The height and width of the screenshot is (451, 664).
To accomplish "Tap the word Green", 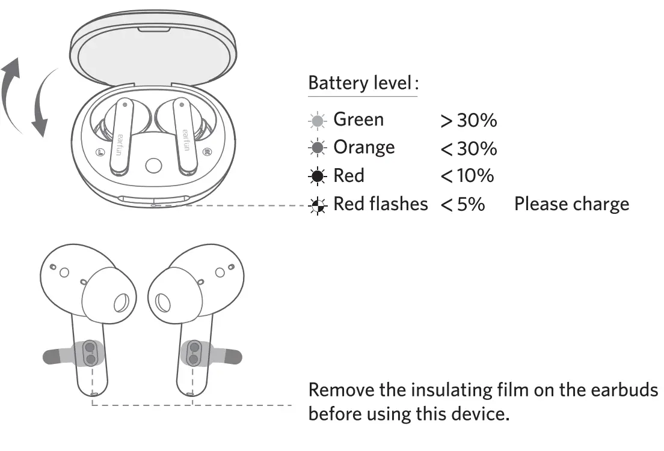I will coord(358,120).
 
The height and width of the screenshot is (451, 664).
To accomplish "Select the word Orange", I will coord(364,147).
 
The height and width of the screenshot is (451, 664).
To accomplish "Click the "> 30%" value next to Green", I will coord(469,121).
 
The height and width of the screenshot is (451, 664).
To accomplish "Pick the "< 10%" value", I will coord(467,176).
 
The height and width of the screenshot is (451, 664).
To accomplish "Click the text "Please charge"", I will coord(571,204).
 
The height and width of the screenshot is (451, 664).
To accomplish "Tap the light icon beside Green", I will coord(317,121).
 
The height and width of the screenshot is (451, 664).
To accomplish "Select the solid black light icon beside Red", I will coord(317,177).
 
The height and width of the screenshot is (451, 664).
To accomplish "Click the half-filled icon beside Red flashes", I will coord(317,205).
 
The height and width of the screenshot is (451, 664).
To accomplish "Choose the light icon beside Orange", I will coord(317,148).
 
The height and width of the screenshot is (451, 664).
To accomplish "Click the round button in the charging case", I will coord(153,166).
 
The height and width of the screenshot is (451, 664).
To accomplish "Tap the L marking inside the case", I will coord(100,151).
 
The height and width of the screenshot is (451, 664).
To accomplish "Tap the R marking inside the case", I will coord(206,151).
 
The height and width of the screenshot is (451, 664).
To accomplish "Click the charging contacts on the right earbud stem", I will coord(194,353).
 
